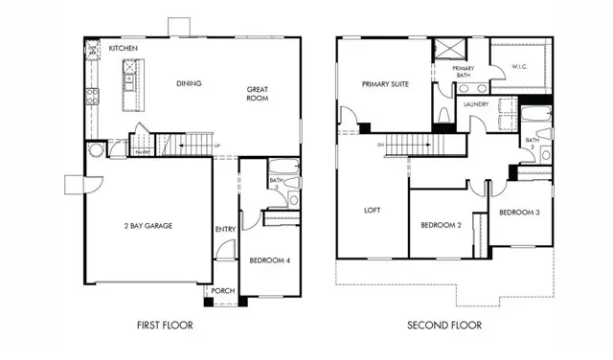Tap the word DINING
(190, 83)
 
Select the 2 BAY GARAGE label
(148, 226)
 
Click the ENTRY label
(225, 229)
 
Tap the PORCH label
(223, 292)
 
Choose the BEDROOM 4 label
(269, 259)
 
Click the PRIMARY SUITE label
(385, 84)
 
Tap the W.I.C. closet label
(520, 65)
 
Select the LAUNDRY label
(476, 103)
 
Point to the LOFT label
(372, 210)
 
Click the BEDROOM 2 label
(442, 226)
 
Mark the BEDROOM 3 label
(520, 212)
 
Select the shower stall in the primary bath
(446, 49)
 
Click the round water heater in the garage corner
(95, 151)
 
